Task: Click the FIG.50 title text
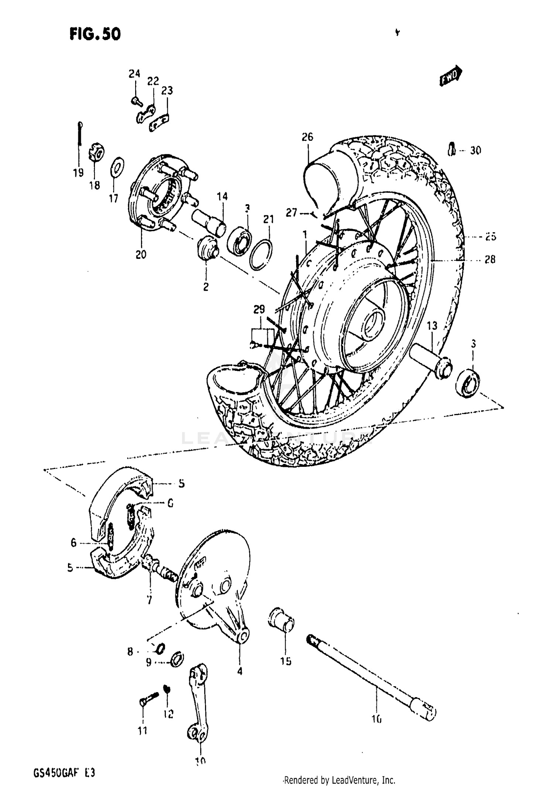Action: pyautogui.click(x=95, y=34)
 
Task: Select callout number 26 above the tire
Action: pyautogui.click(x=307, y=137)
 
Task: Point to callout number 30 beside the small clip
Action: pyautogui.click(x=475, y=150)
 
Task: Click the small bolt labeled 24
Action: pyautogui.click(x=136, y=100)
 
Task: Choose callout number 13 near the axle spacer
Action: pyautogui.click(x=432, y=326)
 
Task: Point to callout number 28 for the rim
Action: pyautogui.click(x=490, y=260)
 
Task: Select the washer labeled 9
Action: pyautogui.click(x=177, y=659)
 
